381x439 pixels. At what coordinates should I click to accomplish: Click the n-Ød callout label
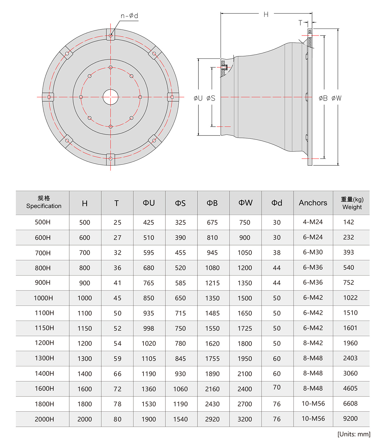[130, 16]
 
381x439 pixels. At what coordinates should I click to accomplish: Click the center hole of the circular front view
[110, 97]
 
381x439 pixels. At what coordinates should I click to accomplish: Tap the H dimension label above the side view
[266, 14]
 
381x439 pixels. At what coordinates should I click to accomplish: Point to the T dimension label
[300, 23]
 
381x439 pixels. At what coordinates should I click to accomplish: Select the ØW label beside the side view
[337, 98]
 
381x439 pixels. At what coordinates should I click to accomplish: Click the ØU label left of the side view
[198, 98]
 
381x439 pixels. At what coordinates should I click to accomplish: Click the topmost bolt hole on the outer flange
[110, 35]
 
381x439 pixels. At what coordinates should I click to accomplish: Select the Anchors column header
[313, 203]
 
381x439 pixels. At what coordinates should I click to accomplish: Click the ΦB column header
[212, 203]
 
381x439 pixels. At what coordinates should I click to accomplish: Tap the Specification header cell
[43, 203]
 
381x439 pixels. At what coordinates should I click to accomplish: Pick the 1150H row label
[44, 328]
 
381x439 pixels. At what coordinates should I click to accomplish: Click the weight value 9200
[350, 419]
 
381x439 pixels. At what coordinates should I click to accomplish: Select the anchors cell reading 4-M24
[313, 222]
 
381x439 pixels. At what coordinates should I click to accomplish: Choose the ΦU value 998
[149, 329]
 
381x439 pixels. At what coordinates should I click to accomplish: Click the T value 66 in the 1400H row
[117, 374]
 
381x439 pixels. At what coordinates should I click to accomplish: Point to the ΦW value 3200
[245, 419]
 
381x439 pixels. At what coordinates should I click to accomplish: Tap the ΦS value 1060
[180, 389]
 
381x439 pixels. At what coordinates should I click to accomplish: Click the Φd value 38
[277, 253]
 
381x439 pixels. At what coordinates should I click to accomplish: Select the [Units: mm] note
[354, 434]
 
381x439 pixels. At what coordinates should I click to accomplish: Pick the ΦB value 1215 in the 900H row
[212, 283]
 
